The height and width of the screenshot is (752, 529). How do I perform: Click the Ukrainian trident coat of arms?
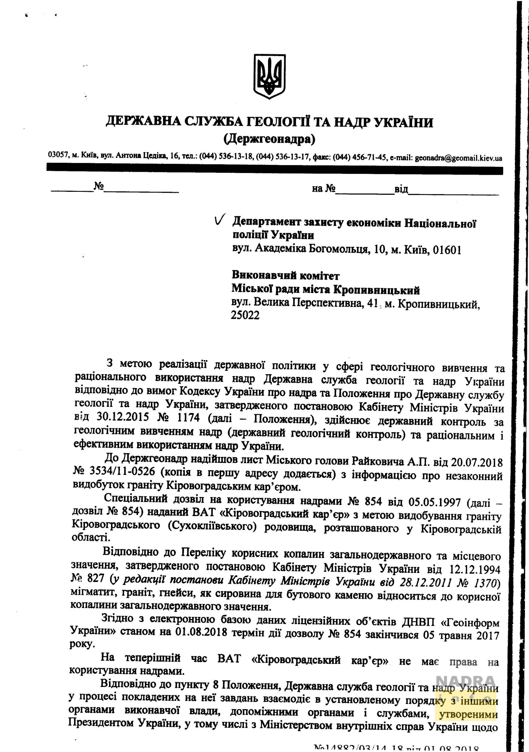(x=270, y=76)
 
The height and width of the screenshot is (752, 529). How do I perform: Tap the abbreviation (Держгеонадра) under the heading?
(x=269, y=140)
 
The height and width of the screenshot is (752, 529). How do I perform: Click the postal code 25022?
(x=245, y=315)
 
